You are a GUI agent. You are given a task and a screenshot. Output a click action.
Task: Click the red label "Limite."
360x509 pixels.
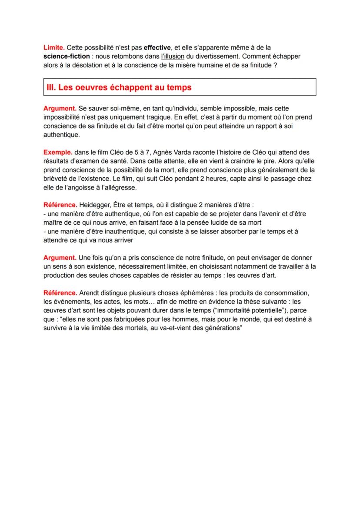54,47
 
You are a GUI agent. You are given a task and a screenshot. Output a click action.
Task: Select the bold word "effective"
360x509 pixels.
158,47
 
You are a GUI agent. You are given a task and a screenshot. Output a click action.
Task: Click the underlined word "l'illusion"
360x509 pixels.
173,57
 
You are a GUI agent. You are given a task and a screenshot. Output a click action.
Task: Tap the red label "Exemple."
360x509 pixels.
58,153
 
